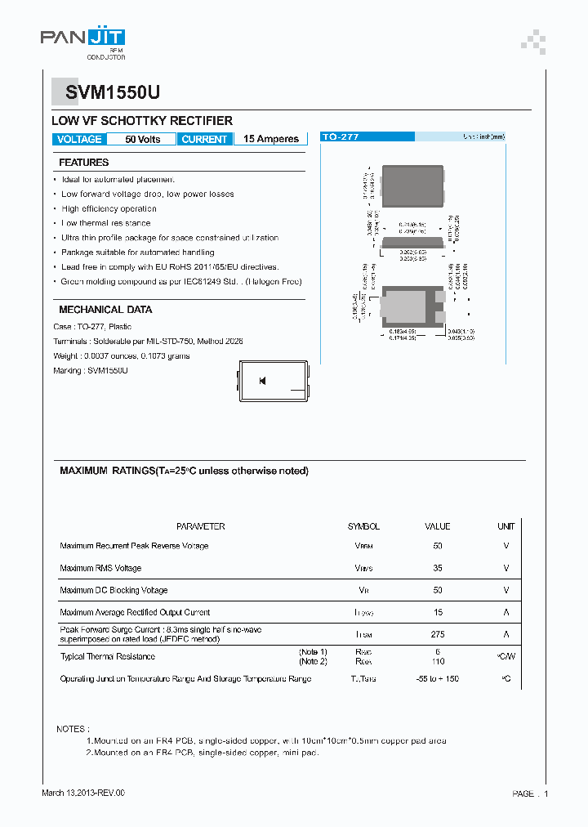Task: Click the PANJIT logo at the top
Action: (x=82, y=38)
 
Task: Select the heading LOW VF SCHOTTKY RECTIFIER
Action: (x=142, y=120)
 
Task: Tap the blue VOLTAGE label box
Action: (x=79, y=139)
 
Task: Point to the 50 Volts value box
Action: (x=142, y=139)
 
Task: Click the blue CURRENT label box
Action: (x=203, y=139)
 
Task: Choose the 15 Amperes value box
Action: (x=271, y=139)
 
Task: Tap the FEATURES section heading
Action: (x=83, y=163)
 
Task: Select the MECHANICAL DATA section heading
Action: (x=105, y=310)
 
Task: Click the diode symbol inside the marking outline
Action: (x=262, y=381)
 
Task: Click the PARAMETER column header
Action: (x=200, y=526)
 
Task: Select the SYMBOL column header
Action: (x=363, y=526)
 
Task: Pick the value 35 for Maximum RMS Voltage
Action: (x=438, y=568)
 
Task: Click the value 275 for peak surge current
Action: (x=438, y=634)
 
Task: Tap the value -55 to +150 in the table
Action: (x=438, y=679)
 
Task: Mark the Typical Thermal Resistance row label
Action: (x=107, y=656)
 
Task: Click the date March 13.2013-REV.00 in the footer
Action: (x=83, y=793)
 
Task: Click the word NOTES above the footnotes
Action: (x=73, y=728)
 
